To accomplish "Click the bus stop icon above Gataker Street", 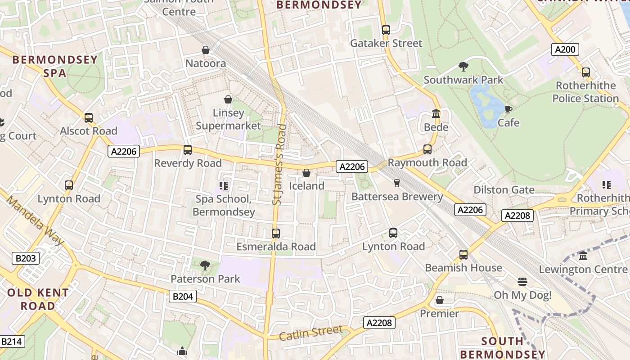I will click(x=386, y=30).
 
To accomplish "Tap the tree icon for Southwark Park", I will click(x=463, y=67).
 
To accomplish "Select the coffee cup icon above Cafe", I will click(x=508, y=109).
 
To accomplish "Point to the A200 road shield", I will click(x=565, y=49).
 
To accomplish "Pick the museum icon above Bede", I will click(x=436, y=114).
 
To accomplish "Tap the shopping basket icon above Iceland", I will click(x=306, y=173).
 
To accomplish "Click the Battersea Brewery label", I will click(x=397, y=197).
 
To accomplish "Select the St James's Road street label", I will click(x=279, y=165).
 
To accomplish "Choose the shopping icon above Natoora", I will click(x=206, y=50).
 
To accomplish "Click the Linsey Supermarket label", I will click(x=228, y=119).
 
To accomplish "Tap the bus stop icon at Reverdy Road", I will click(x=188, y=150).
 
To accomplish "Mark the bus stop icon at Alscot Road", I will click(x=89, y=118).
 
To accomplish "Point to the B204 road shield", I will click(x=183, y=296).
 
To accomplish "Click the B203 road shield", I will click(x=25, y=258).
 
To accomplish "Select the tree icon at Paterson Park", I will click(x=205, y=265).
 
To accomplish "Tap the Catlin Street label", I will click(x=310, y=333).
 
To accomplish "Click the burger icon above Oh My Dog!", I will click(x=522, y=282).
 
